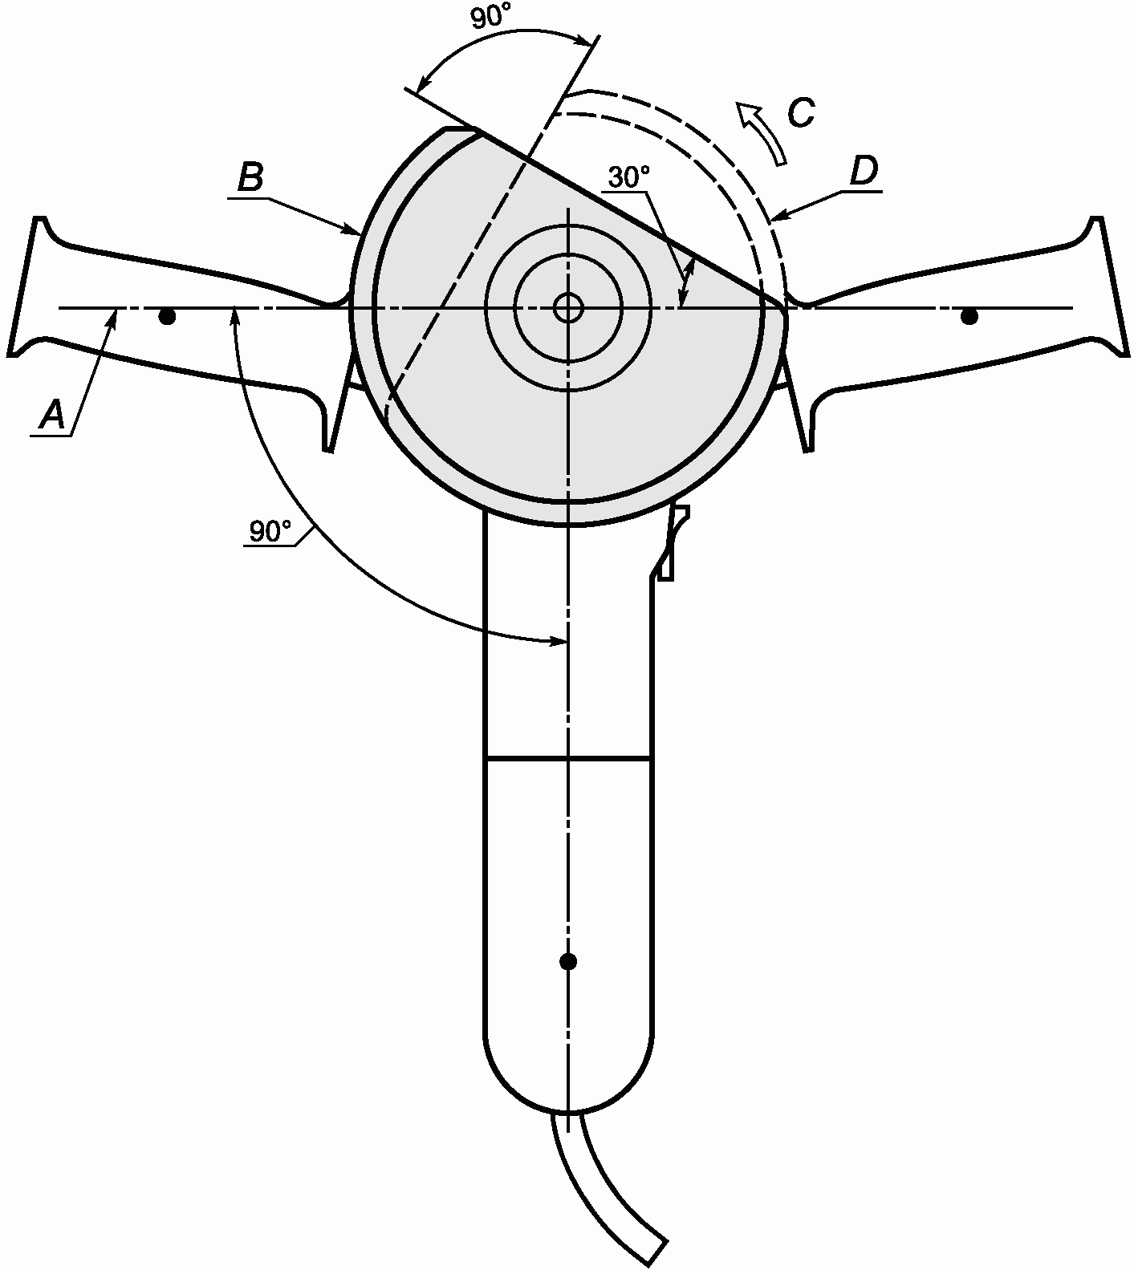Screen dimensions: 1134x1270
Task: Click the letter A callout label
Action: click(52, 416)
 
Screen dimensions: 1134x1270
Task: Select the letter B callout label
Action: click(250, 178)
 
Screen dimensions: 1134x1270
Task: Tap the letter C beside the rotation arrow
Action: click(800, 113)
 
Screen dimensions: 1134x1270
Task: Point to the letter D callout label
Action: click(864, 172)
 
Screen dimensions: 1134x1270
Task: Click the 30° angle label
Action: click(628, 177)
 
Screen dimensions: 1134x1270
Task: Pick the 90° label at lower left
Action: click(270, 531)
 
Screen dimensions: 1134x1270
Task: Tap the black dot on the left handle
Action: click(167, 317)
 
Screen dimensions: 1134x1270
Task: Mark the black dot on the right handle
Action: click(969, 317)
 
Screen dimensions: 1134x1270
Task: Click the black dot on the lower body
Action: click(568, 960)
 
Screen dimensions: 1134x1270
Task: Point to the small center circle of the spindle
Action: click(568, 307)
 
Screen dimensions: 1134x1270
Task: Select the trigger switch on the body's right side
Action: click(671, 542)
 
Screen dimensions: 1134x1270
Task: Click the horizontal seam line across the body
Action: click(568, 757)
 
